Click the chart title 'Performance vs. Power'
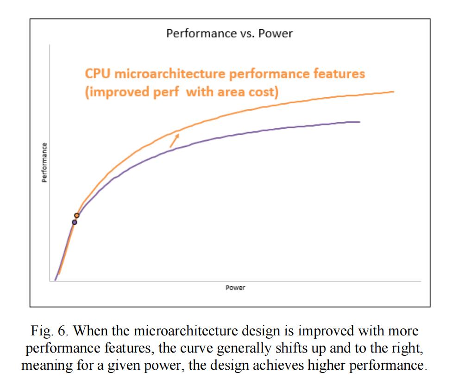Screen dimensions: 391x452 (x=229, y=34)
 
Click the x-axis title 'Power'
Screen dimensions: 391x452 (x=235, y=288)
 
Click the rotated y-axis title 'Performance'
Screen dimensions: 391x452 (x=44, y=162)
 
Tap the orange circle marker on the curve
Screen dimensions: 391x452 (x=77, y=215)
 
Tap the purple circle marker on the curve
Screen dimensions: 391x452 (x=74, y=222)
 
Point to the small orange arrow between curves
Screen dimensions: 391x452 (x=174, y=140)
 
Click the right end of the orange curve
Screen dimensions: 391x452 (x=393, y=92)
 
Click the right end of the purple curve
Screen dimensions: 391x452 (x=359, y=122)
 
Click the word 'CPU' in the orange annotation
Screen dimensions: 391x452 (x=94, y=74)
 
